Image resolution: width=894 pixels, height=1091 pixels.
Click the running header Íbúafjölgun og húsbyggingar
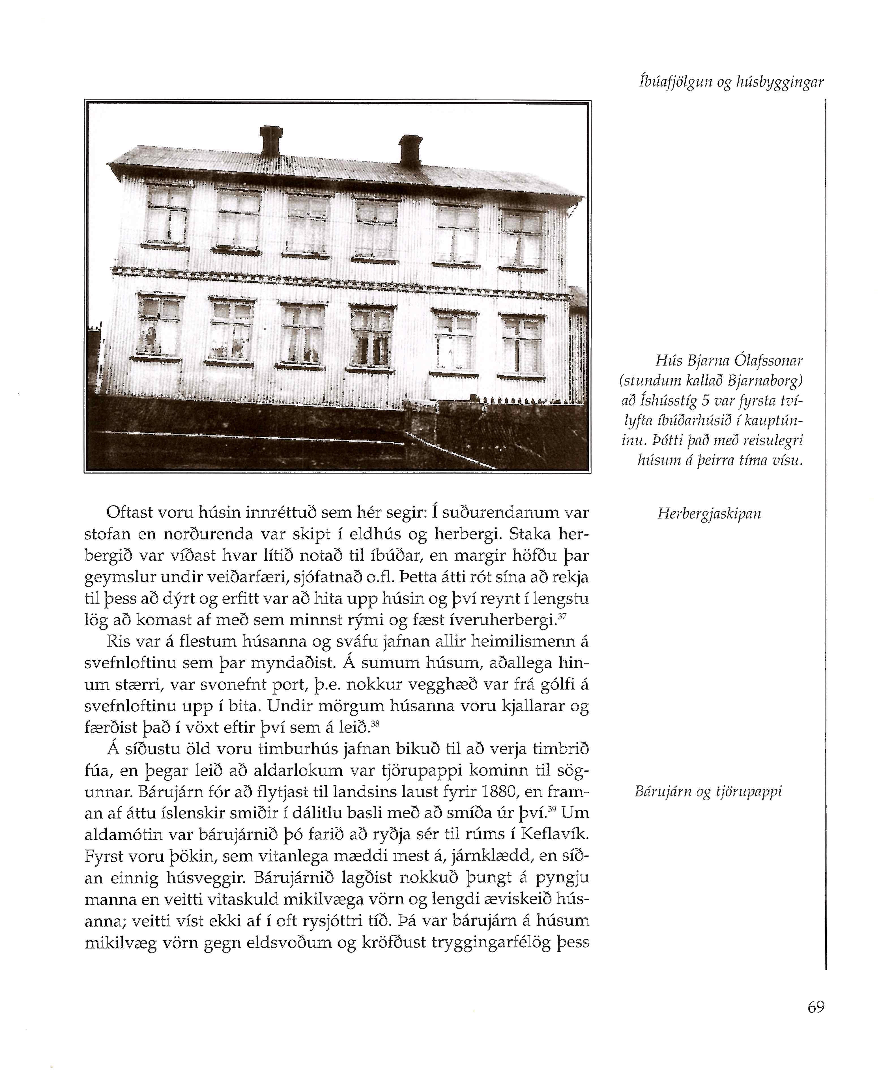[x=731, y=82]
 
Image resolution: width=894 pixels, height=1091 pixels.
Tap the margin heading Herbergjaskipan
[x=709, y=514]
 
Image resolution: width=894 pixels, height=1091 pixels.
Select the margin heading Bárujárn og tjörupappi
[x=708, y=791]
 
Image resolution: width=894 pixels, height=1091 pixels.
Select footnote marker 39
[x=553, y=809]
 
